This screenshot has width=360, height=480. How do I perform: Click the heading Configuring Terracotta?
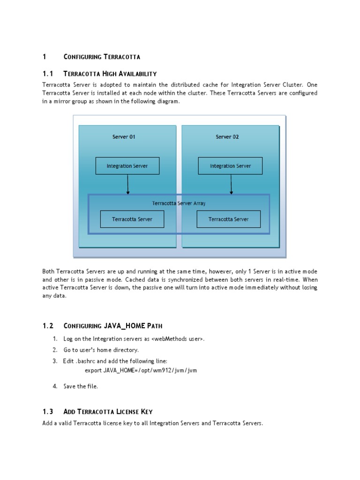point(102,57)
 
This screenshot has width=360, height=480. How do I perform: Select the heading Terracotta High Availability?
point(110,74)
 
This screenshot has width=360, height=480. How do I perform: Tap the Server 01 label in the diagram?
point(124,137)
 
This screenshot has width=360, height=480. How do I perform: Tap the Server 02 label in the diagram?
point(227,137)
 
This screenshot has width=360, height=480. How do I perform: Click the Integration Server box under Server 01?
point(127,166)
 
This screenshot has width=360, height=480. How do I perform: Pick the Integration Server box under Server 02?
point(230,166)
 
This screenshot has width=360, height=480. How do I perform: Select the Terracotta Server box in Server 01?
point(132,219)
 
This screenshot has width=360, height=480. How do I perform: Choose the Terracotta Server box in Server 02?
point(228,219)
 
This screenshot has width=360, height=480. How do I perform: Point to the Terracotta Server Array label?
point(179,203)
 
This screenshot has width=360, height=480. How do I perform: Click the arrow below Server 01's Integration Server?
point(128,184)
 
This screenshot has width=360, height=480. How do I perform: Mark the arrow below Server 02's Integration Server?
point(231,184)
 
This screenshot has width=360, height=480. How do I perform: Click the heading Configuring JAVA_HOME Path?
point(113,326)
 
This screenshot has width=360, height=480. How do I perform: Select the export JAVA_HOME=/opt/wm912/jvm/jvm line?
point(141,370)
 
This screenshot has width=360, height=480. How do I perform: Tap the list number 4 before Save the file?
point(55,386)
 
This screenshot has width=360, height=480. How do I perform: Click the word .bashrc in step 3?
point(85,361)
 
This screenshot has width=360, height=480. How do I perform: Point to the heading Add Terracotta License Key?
point(108,412)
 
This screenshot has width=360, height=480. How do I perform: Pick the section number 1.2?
point(48,326)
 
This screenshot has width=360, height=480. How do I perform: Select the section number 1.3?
point(48,412)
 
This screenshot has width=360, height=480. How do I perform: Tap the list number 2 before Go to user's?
point(55,350)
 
